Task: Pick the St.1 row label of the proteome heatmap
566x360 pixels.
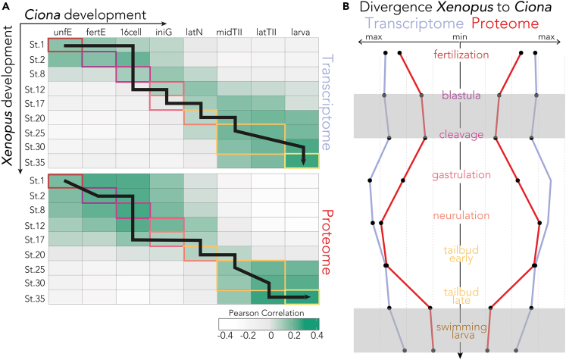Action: coord(33,181)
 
